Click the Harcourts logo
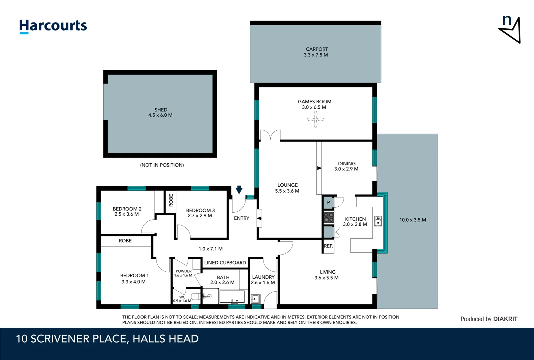click(53, 26)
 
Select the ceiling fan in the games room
click(315, 119)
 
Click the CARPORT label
click(317, 49)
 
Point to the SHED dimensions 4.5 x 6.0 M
click(160, 115)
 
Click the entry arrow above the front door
click(239, 190)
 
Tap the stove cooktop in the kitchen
click(329, 217)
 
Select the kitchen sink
click(378, 221)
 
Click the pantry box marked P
click(328, 203)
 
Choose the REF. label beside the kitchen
click(328, 246)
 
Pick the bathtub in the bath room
click(232, 297)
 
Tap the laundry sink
click(256, 298)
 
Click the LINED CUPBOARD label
click(225, 263)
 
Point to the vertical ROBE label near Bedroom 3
click(171, 200)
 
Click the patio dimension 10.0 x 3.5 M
click(413, 220)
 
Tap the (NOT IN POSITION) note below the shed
click(162, 165)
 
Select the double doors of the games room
click(270, 135)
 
